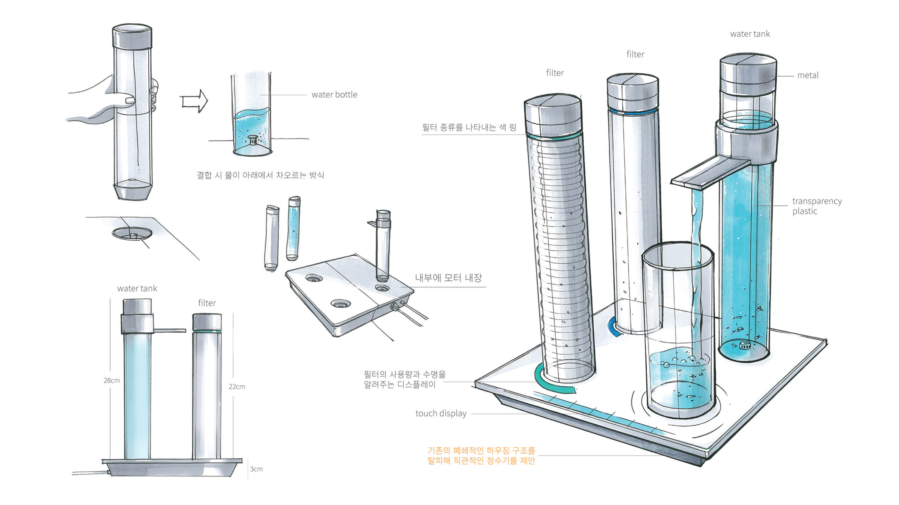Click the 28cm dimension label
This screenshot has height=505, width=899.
[111, 381]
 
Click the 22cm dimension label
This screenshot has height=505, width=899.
[237, 386]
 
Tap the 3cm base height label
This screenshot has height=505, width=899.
[256, 469]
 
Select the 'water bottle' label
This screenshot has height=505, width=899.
[334, 95]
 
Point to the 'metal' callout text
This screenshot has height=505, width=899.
[807, 75]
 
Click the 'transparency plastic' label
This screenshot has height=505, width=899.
[816, 206]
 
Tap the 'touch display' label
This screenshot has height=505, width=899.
[441, 413]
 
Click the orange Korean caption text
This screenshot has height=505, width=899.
[481, 456]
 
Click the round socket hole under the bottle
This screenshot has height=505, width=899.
[132, 233]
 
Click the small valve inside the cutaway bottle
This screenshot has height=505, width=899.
[253, 140]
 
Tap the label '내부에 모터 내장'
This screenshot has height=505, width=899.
[448, 278]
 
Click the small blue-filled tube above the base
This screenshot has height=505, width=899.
[293, 228]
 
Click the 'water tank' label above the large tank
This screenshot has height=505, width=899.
[750, 34]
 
